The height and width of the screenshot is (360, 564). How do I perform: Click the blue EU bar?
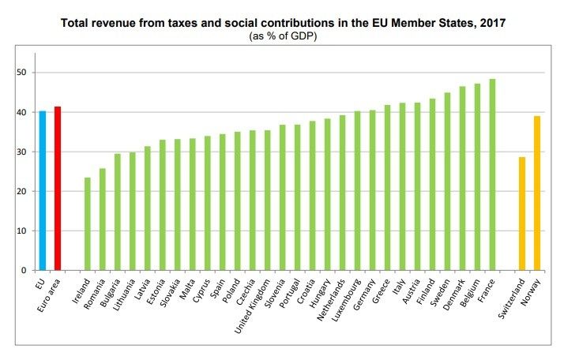click(43, 190)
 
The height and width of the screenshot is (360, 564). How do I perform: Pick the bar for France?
click(492, 174)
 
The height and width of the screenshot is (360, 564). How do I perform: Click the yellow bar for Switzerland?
click(522, 213)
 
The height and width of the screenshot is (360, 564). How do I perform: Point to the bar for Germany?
click(372, 189)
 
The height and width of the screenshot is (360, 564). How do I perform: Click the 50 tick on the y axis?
click(24, 73)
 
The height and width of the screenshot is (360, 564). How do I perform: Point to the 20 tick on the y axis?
click(24, 191)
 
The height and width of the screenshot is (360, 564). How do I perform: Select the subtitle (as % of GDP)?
click(284, 37)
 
